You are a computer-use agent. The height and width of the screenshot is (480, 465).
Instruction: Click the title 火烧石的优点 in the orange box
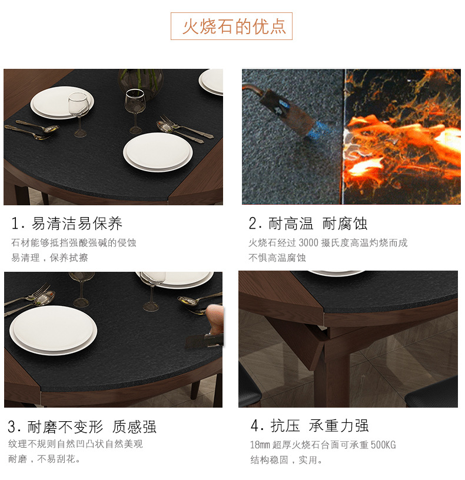[x=234, y=26]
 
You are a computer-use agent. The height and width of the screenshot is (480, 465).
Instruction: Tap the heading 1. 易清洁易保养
[x=67, y=224]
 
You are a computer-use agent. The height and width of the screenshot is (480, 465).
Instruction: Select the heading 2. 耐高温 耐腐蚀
[x=308, y=224]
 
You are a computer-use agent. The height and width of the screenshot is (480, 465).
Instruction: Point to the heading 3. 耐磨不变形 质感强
[x=82, y=426]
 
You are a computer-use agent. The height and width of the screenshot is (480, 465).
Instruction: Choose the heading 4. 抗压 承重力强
[x=310, y=426]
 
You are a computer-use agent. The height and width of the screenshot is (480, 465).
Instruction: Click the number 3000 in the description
[x=308, y=243]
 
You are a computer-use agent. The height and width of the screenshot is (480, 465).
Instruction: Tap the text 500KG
[x=383, y=445]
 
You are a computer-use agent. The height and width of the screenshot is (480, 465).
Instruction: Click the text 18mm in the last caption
[x=260, y=445]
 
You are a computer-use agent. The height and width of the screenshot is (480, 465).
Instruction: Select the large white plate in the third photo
[x=54, y=330]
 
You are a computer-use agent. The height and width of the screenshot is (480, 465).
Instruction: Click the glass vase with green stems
[x=141, y=83]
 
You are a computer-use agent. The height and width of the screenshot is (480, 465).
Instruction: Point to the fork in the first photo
[x=186, y=126]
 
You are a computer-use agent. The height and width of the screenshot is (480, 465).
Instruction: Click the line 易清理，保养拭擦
[x=49, y=258]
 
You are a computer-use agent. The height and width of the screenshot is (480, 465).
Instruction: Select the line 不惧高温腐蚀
[x=277, y=258]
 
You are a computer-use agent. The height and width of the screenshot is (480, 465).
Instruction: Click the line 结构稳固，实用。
[x=287, y=460]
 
